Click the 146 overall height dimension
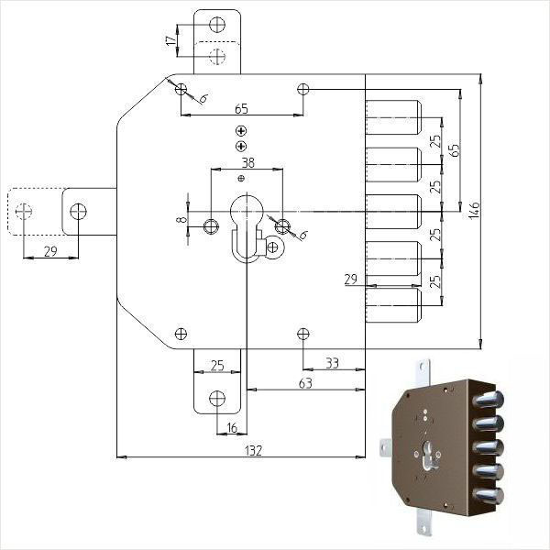pyautogui.click(x=474, y=211)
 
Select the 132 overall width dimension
pyautogui.click(x=253, y=450)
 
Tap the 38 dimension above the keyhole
pyautogui.click(x=248, y=163)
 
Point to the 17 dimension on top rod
pyautogui.click(x=170, y=40)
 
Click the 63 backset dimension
pyautogui.click(x=305, y=383)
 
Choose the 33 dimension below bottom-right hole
pyautogui.click(x=332, y=363)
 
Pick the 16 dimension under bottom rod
pyautogui.click(x=232, y=428)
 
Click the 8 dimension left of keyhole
pyautogui.click(x=181, y=220)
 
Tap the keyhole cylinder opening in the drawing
pyautogui.click(x=247, y=228)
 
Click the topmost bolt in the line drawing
pyautogui.click(x=393, y=117)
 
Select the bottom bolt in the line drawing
pyautogui.click(x=393, y=305)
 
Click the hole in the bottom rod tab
pyautogui.click(x=217, y=398)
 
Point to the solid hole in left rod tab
pyautogui.click(x=78, y=211)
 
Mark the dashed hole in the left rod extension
pyautogui.click(x=24, y=211)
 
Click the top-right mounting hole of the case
pyautogui.click(x=303, y=89)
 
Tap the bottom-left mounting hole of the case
pyautogui.click(x=181, y=334)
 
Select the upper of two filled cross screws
pyautogui.click(x=241, y=131)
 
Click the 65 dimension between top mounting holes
pyautogui.click(x=241, y=109)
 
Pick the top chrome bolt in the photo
pyautogui.click(x=488, y=401)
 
